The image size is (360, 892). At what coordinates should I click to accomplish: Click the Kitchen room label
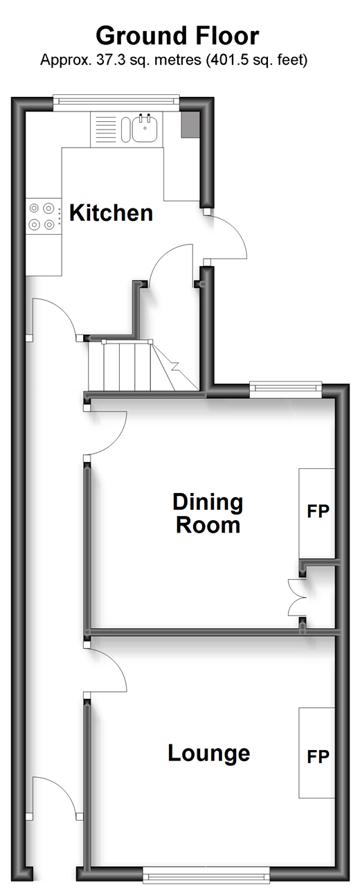[111, 213]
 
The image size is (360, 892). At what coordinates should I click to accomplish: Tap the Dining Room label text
[208, 514]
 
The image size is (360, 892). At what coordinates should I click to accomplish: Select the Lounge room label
[209, 753]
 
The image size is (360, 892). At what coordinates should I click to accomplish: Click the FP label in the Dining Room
[318, 511]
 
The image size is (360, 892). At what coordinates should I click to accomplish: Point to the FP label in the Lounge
[318, 756]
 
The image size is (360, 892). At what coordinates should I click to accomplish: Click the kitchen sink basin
[145, 128]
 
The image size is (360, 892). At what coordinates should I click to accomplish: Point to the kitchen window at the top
[116, 104]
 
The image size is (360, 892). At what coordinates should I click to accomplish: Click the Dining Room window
[285, 389]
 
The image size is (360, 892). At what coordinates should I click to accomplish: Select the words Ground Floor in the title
[178, 36]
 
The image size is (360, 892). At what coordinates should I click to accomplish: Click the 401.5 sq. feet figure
[259, 60]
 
